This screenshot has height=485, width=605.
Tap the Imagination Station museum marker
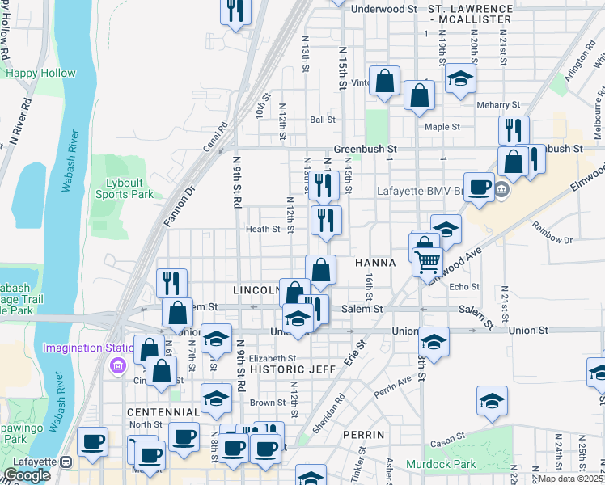pos(117,365)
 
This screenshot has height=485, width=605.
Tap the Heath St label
pos(263,229)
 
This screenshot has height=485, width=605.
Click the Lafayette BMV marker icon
pos(501,191)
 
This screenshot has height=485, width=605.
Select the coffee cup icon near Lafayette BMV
pos(479,186)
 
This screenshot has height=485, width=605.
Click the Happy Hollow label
pos(40,73)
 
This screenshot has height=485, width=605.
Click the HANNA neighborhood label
pos(375,264)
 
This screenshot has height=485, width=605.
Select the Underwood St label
pos(384,8)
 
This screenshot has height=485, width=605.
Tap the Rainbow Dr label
pos(552,238)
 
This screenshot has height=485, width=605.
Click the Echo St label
pos(464,287)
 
